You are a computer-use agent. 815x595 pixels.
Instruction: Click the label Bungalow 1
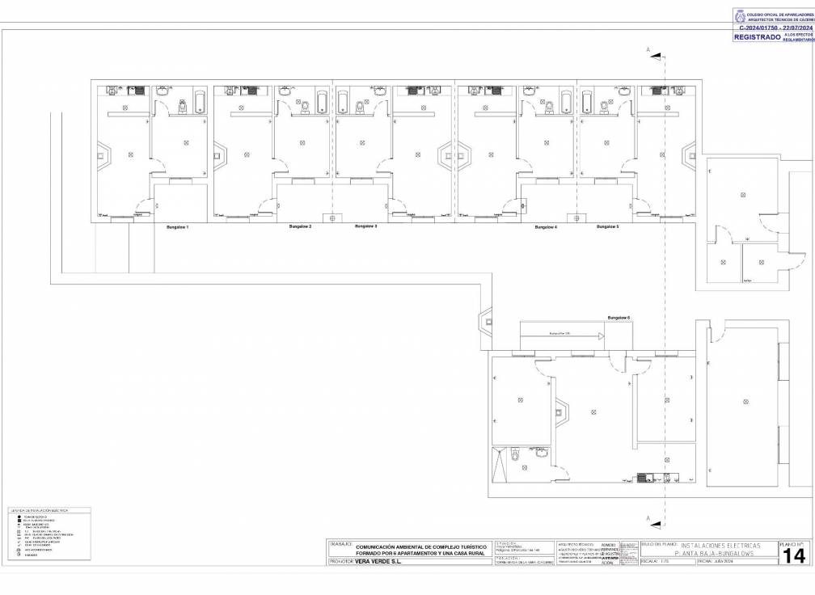[x=177, y=228]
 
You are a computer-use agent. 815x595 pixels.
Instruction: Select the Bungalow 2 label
[x=300, y=226]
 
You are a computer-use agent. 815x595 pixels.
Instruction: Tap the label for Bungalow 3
[x=366, y=226]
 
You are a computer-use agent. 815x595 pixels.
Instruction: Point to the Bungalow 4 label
[x=546, y=227]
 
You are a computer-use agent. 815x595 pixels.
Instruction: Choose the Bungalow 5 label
[x=608, y=227]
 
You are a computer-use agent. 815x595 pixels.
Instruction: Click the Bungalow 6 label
[x=619, y=319]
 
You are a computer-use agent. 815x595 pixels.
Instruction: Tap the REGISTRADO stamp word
[x=757, y=37]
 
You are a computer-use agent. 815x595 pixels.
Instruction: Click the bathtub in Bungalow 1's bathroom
[x=200, y=102]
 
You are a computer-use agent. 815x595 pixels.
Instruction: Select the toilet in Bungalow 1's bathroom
[x=182, y=105]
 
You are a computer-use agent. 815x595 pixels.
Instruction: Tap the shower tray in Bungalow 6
[x=498, y=464]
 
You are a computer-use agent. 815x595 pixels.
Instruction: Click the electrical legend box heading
[x=39, y=511]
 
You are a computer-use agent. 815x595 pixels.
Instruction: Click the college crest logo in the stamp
[x=740, y=15]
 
